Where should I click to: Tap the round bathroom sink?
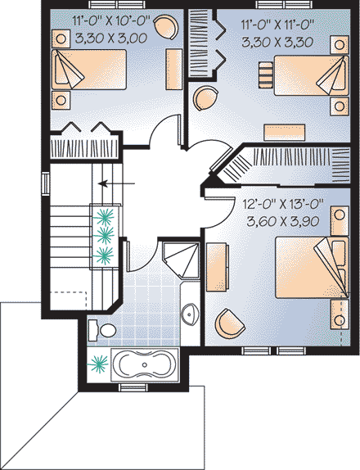(x=189, y=313)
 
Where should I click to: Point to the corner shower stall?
(x=180, y=260)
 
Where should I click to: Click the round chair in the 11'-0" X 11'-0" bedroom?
(x=203, y=98)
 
